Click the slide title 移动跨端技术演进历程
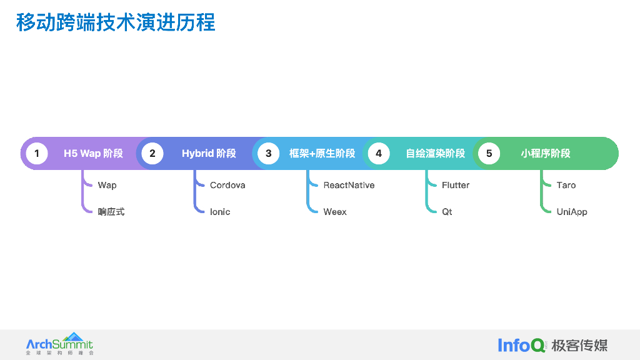pyautogui.click(x=116, y=22)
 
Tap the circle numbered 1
pyautogui.click(x=37, y=153)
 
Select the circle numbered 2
pyautogui.click(x=152, y=153)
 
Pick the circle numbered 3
pyautogui.click(x=268, y=153)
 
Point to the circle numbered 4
pyautogui.click(x=378, y=153)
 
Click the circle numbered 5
pyautogui.click(x=489, y=153)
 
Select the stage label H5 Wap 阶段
pyautogui.click(x=93, y=153)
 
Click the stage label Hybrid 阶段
pyautogui.click(x=209, y=153)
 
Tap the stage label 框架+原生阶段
pyautogui.click(x=322, y=153)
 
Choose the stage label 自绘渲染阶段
pyautogui.click(x=436, y=153)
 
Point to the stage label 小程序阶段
pyautogui.click(x=546, y=153)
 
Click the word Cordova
pyautogui.click(x=227, y=185)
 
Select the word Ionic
pyautogui.click(x=220, y=212)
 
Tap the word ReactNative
pyautogui.click(x=349, y=185)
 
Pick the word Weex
pyautogui.click(x=335, y=212)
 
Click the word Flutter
pyautogui.click(x=456, y=185)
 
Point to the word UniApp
pyautogui.click(x=572, y=212)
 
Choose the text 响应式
pyautogui.click(x=111, y=212)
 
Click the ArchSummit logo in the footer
pyautogui.click(x=59, y=344)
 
